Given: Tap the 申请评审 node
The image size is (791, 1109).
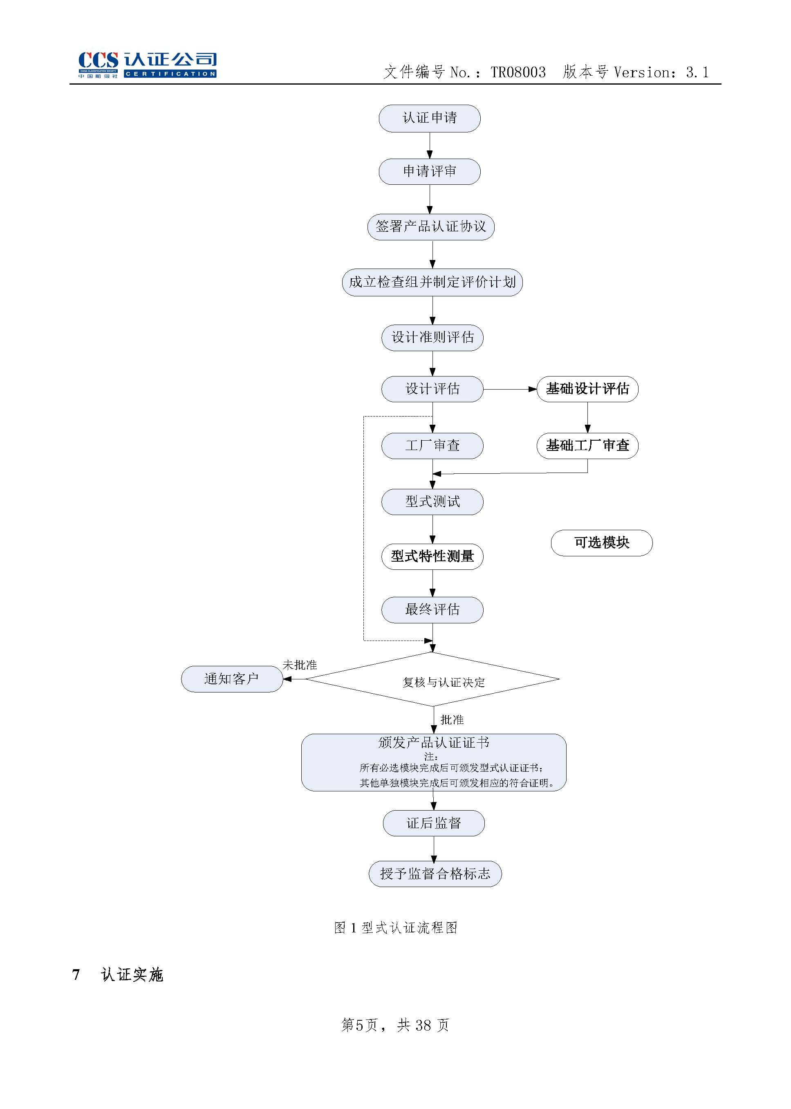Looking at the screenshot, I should (429, 171).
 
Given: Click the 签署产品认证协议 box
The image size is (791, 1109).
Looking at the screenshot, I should (430, 227).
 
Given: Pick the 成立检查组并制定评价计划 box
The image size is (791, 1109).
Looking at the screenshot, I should (432, 282).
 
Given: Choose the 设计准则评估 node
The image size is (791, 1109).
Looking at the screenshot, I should (432, 338).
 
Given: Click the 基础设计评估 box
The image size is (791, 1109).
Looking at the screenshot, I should (587, 389).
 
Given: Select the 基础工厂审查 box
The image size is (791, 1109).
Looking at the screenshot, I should (587, 446).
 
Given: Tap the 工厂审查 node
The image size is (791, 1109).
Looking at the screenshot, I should (432, 446).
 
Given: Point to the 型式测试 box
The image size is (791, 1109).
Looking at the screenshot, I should (432, 502).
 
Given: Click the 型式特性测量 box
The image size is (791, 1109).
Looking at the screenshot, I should (432, 556).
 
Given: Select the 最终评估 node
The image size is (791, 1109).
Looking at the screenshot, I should (432, 610).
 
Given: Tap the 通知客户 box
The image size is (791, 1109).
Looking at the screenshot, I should (232, 679).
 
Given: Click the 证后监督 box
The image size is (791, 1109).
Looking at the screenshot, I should (433, 823).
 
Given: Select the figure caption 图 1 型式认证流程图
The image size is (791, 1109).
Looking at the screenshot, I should (396, 928).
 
